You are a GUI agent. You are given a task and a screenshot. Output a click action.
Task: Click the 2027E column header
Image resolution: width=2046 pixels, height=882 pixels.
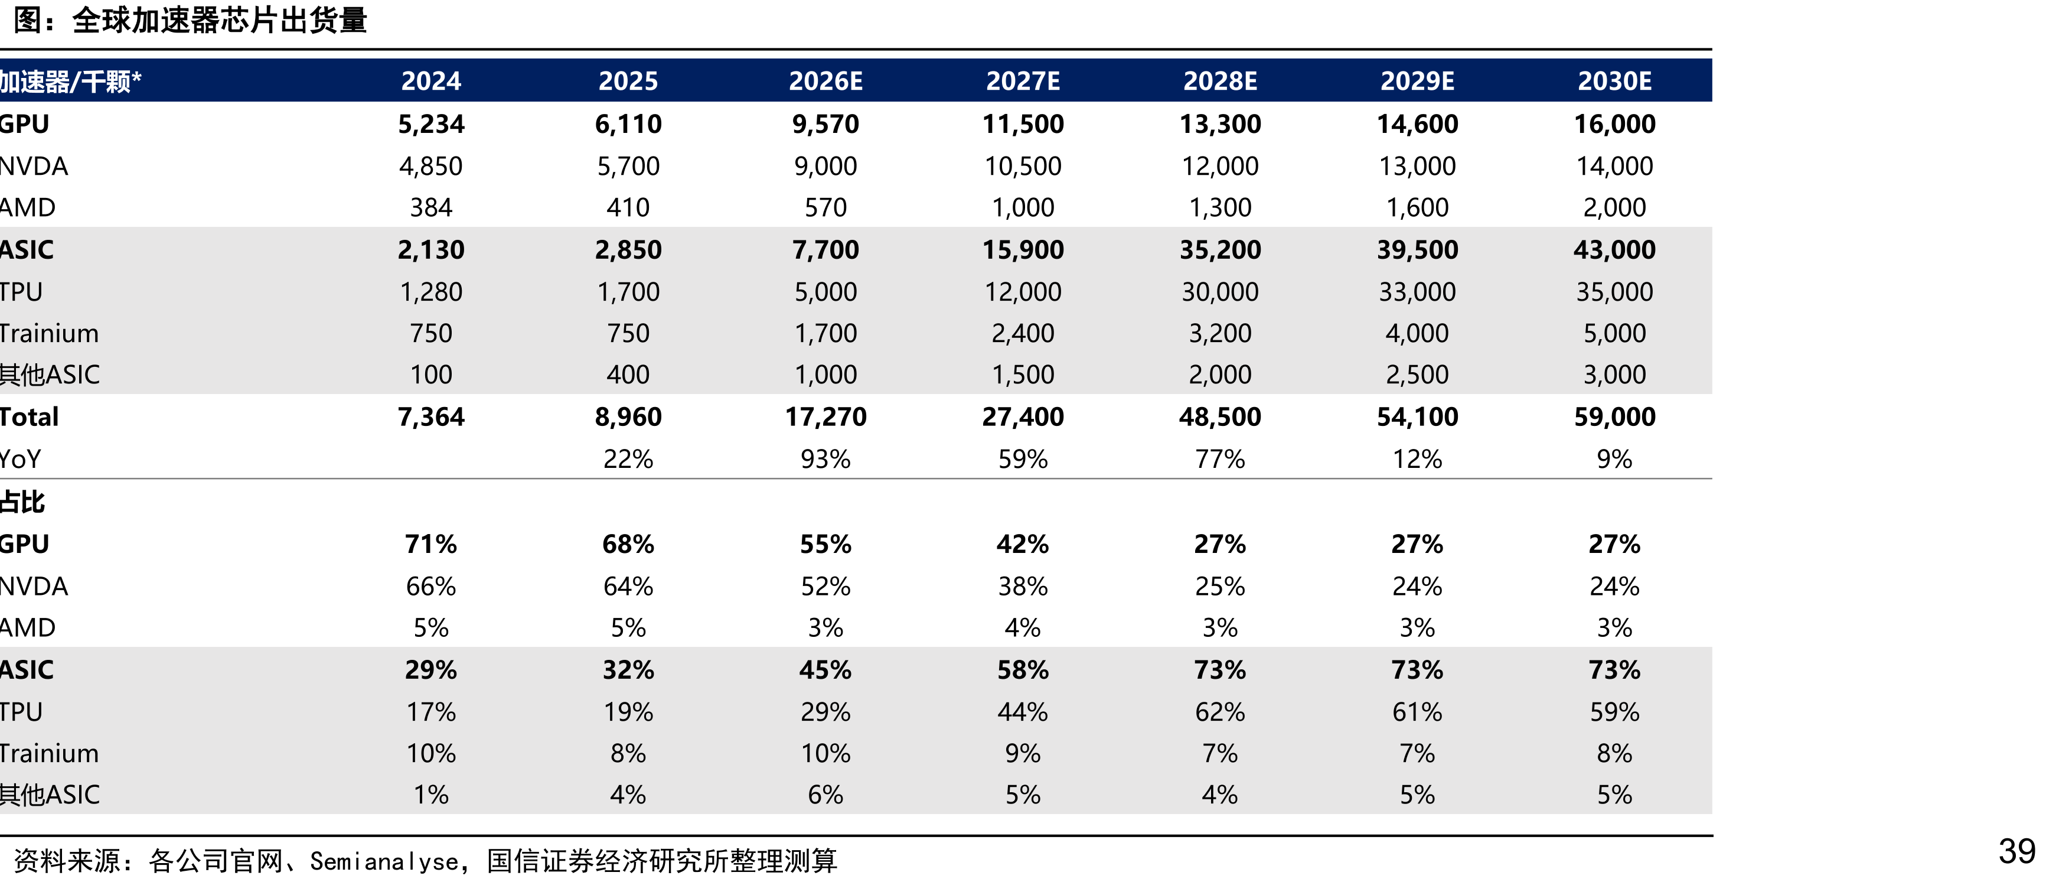point(1022,81)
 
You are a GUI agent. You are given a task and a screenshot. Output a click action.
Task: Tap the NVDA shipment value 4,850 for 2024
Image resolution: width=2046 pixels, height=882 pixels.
point(430,166)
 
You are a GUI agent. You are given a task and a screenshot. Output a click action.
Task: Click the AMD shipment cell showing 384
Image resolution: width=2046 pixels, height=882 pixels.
point(430,207)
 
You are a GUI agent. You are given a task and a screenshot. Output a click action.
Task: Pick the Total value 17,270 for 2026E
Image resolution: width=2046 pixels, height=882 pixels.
point(825,416)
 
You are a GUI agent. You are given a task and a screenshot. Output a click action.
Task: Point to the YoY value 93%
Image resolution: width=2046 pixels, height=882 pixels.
point(825,458)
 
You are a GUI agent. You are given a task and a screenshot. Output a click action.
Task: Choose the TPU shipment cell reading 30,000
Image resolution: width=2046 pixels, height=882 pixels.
point(1219,292)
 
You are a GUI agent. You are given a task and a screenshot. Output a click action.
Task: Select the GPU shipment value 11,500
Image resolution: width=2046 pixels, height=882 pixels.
point(1022,124)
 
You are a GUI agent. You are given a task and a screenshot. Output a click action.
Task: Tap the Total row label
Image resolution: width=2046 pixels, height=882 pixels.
point(30,416)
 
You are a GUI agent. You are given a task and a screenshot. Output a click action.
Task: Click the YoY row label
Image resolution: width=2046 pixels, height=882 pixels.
point(21,458)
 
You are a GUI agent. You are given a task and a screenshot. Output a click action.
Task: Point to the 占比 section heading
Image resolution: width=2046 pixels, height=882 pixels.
point(22,502)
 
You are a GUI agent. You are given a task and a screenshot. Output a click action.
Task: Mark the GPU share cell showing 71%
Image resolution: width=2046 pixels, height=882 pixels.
point(430,543)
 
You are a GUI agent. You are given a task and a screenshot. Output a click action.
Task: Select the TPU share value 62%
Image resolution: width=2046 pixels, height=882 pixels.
point(1219,711)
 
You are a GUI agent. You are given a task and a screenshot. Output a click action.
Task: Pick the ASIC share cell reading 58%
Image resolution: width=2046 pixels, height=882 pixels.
point(1022,669)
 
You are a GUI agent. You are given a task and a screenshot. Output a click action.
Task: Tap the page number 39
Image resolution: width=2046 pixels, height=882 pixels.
point(2016,851)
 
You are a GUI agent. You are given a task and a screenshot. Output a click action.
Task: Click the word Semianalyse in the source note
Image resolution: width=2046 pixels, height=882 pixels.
point(384,861)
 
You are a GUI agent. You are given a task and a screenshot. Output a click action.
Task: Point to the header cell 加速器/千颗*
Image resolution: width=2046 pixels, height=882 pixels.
point(71,81)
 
